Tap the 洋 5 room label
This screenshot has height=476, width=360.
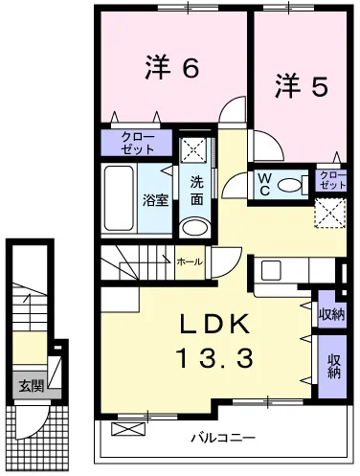click(x=302, y=85)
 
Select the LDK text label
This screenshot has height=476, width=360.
click(x=214, y=324)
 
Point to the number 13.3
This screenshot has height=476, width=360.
click(x=214, y=357)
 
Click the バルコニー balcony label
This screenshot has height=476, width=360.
click(x=223, y=438)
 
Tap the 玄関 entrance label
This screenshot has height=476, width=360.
click(x=31, y=386)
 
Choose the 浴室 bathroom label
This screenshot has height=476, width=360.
click(x=155, y=200)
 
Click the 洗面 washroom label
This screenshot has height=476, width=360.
click(x=197, y=191)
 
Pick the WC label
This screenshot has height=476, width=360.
click(x=265, y=184)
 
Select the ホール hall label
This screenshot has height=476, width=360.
click(x=190, y=261)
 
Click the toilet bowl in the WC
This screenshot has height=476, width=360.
click(x=290, y=185)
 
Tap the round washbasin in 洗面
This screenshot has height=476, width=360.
click(x=194, y=228)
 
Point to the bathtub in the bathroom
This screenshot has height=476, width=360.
click(x=119, y=198)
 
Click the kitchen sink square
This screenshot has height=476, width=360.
click(x=271, y=270)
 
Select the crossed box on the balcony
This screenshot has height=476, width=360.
click(x=128, y=429)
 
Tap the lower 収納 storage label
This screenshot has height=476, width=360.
click(x=333, y=366)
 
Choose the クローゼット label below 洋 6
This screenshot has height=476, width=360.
click(x=138, y=144)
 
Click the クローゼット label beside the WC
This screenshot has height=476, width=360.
click(x=332, y=180)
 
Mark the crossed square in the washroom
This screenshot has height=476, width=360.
click(x=193, y=148)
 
